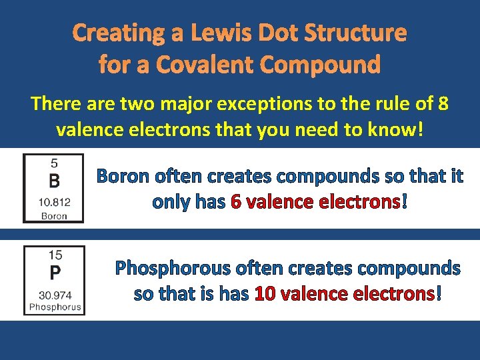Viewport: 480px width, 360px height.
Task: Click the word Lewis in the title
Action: [x=217, y=32]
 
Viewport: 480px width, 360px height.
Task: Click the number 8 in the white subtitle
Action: [x=443, y=104]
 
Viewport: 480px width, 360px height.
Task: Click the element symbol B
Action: [x=54, y=181]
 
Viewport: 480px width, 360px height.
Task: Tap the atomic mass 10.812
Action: [x=54, y=203]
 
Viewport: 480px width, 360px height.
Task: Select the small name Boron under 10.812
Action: [x=54, y=215]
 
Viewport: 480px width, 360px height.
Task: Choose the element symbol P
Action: [x=55, y=272]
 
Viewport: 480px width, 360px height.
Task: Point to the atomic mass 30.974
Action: [x=55, y=295]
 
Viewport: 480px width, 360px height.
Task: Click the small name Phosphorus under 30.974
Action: [x=55, y=307]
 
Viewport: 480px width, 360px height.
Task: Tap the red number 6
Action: [x=235, y=201]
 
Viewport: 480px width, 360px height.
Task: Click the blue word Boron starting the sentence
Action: [x=123, y=177]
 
